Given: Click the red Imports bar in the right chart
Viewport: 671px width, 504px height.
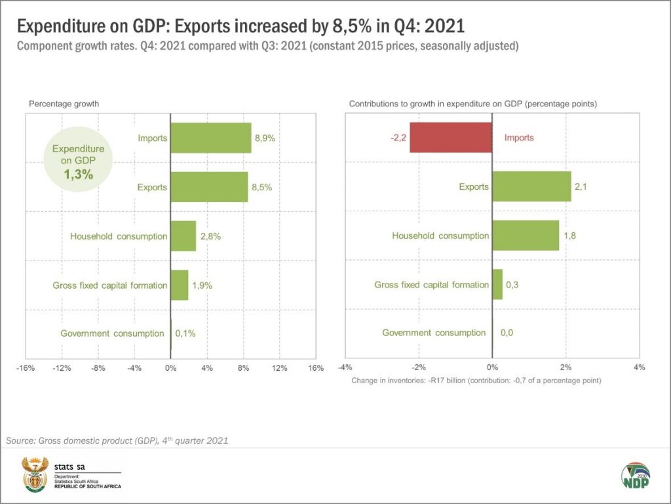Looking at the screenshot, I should (x=451, y=138).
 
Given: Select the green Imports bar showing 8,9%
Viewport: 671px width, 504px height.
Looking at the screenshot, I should (x=210, y=138).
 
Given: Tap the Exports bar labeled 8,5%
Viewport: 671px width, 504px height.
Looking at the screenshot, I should (x=209, y=187).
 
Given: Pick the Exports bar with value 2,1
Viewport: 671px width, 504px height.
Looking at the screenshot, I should (x=531, y=187).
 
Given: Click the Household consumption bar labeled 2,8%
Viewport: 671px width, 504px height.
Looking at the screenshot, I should (x=183, y=236).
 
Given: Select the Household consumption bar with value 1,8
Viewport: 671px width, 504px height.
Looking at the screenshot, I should (x=525, y=236).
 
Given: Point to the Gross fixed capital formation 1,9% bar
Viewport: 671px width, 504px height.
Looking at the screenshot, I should (x=179, y=285).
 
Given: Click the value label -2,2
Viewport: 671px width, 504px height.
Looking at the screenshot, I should (x=397, y=138).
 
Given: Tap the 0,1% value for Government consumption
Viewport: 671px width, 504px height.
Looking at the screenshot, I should (x=185, y=333).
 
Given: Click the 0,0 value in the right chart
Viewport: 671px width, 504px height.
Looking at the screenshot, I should (x=507, y=333).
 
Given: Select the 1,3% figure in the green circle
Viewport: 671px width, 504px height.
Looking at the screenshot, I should (x=78, y=175).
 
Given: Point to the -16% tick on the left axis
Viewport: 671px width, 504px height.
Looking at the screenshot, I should (x=26, y=368).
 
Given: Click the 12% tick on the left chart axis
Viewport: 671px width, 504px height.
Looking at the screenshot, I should (x=279, y=368).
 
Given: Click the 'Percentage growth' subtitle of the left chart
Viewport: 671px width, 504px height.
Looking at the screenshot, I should (x=64, y=104).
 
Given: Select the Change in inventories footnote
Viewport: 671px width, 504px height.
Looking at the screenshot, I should (x=476, y=381).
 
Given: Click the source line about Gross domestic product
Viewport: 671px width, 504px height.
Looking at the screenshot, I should (x=117, y=441).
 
